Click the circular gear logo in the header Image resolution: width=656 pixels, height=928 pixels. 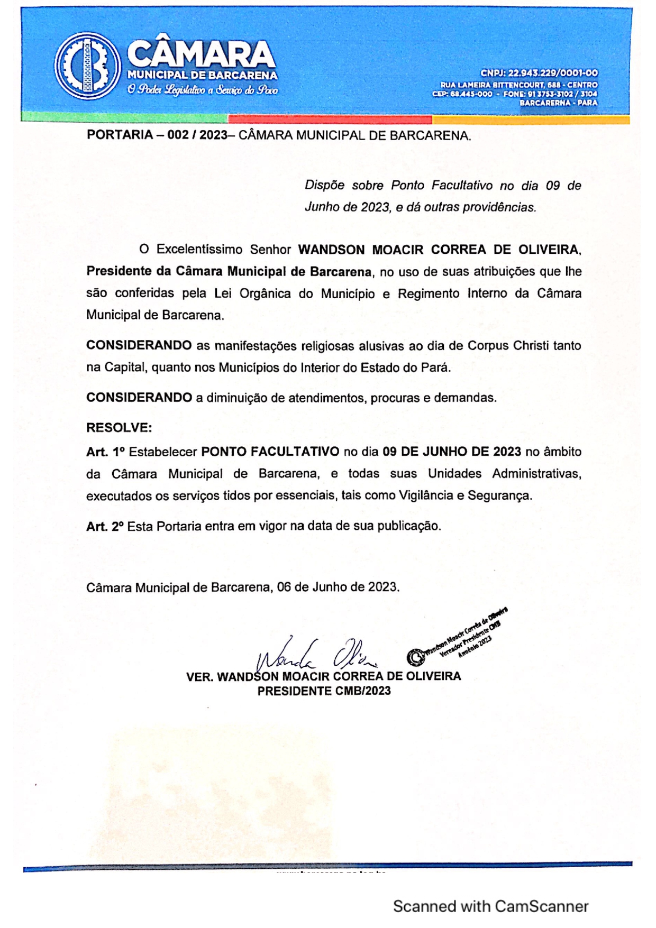88,66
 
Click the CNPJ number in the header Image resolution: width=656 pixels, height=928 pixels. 539,73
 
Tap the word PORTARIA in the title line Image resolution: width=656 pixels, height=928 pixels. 120,135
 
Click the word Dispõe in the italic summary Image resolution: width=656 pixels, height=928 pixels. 325,186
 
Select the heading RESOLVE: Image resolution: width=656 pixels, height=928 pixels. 119,427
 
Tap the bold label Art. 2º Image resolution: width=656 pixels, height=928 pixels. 105,526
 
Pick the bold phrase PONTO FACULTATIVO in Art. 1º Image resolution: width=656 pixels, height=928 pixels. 270,452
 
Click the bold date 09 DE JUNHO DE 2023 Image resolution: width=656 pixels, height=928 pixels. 452,452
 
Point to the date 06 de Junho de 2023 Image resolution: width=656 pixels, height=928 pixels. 338,587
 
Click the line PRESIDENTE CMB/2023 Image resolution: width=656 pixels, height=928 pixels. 324,691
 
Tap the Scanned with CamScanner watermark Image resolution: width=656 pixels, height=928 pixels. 490,906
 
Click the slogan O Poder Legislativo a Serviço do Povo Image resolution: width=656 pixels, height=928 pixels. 203,90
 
